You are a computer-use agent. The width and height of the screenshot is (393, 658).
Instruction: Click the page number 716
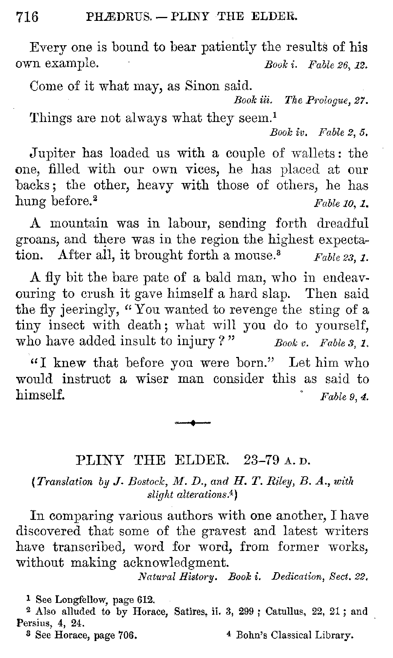point(27,17)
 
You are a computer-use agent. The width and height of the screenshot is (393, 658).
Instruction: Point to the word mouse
point(253,255)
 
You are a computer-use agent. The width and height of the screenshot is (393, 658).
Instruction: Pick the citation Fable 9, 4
point(344,397)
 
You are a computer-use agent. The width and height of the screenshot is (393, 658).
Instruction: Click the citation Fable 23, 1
point(341,258)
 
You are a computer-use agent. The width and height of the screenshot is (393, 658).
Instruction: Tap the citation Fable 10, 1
point(341,203)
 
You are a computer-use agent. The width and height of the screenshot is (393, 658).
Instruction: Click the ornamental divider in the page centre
point(193,423)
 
